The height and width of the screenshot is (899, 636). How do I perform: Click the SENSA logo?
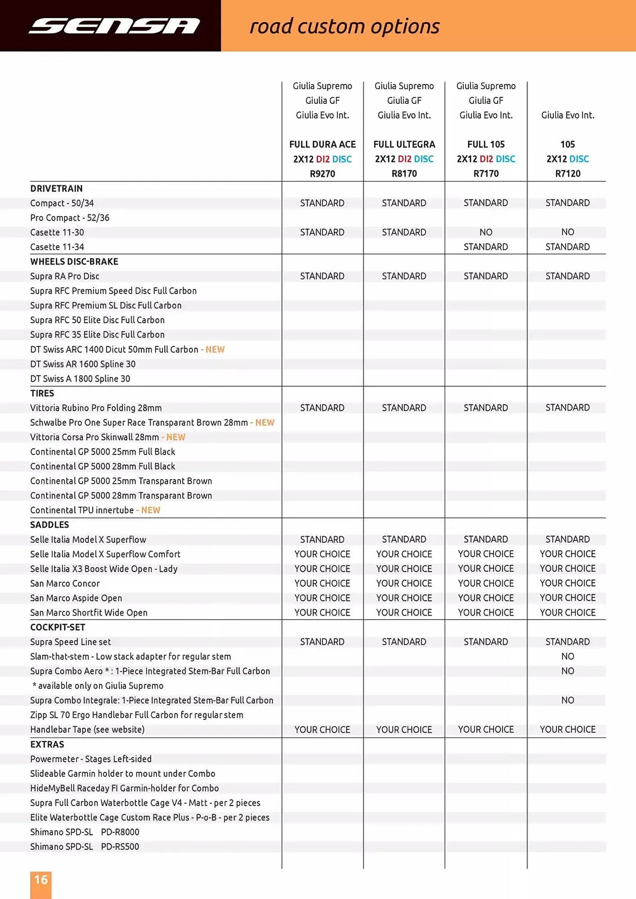pos(114,26)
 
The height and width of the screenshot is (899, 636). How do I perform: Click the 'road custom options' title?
pos(345,26)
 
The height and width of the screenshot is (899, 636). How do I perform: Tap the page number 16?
pos(41,880)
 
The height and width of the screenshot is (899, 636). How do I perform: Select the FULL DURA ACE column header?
pos(322,144)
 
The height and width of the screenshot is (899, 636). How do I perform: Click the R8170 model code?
pos(404,174)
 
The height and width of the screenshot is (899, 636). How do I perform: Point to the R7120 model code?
pos(568,174)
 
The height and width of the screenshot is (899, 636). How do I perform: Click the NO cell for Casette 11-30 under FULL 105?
pos(486,232)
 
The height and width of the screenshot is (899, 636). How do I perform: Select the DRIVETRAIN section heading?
pos(56,188)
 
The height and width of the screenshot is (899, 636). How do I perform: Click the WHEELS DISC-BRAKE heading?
pos(74,262)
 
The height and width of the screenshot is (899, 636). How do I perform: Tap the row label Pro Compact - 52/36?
pos(70,218)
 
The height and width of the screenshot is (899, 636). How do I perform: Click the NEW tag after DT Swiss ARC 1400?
pos(215,350)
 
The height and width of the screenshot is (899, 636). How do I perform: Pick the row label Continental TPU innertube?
pos(82,510)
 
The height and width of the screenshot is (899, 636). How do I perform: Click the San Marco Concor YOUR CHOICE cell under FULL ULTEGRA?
pos(404,583)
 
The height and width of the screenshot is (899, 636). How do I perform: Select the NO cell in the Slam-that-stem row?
pos(568,656)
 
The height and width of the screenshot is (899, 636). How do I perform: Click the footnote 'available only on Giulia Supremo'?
pos(98,686)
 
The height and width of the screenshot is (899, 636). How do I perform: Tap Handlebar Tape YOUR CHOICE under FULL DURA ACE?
pos(322,730)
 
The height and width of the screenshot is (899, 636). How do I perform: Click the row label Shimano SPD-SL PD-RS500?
pos(85,847)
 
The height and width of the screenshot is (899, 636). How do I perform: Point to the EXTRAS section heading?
pos(47,744)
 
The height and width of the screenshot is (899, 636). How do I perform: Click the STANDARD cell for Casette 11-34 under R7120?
pos(568,247)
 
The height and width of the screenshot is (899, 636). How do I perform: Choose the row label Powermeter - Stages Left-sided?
pos(91,759)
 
